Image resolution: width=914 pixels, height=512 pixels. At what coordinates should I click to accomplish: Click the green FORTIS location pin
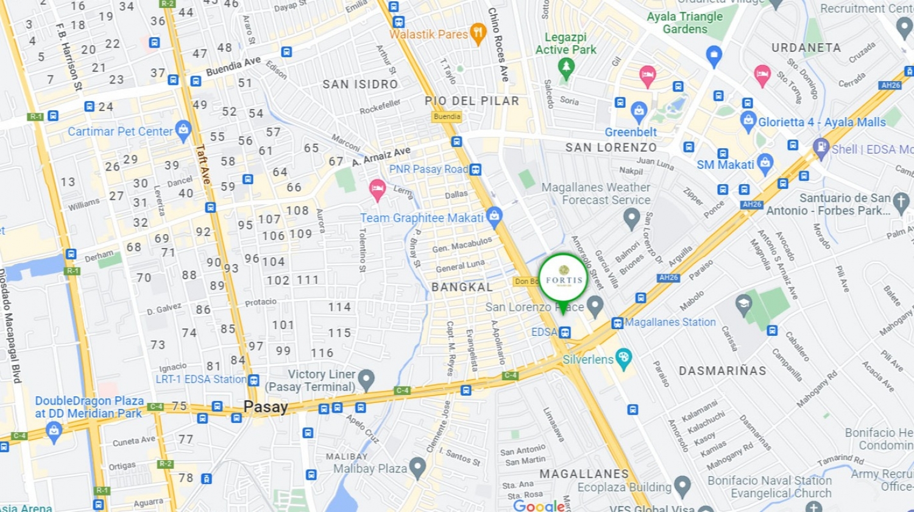point(564,279)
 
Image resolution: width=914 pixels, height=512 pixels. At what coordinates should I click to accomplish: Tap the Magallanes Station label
point(670,322)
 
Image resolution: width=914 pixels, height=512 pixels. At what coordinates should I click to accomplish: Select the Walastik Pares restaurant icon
point(478,34)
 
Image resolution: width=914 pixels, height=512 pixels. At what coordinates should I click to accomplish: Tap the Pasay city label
point(266,407)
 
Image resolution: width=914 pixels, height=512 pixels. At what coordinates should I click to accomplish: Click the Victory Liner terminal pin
point(366,380)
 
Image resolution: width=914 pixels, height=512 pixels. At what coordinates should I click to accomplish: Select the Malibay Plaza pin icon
point(417,468)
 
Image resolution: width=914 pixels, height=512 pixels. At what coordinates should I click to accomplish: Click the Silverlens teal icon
point(623,358)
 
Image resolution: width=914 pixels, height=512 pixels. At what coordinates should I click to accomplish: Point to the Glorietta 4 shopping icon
point(748,121)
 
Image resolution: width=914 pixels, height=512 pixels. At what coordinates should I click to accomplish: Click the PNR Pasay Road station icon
point(476,169)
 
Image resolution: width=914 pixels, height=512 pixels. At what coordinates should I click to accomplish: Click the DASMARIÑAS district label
point(723,371)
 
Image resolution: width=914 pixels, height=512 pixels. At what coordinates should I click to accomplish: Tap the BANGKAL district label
point(462,287)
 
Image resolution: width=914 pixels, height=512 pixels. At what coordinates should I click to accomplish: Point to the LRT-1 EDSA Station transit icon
point(253,380)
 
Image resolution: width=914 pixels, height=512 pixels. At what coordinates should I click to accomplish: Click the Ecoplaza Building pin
point(682,486)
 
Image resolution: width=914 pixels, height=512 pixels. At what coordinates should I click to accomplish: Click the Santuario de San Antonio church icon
point(901,202)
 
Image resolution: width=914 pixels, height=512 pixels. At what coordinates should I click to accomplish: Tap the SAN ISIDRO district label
point(360,84)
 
